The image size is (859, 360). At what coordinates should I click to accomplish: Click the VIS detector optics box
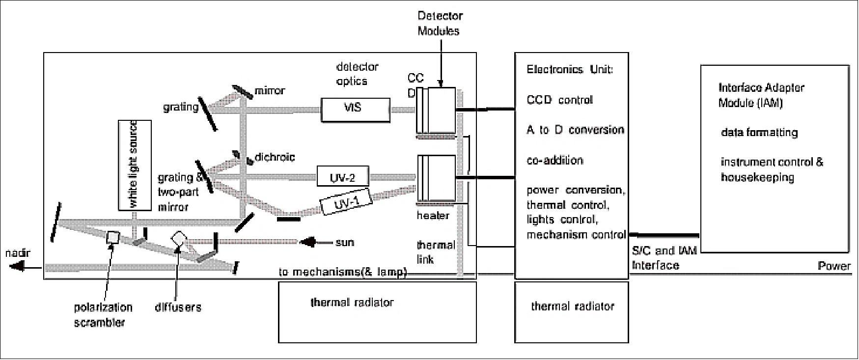point(355,110)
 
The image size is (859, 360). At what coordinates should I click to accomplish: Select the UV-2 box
point(342,177)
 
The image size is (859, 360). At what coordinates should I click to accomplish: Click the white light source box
point(135,165)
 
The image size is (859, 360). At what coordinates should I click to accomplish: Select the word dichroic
point(275,157)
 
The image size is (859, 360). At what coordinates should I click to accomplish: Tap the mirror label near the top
point(269,91)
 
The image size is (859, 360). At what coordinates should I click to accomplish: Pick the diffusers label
point(178,307)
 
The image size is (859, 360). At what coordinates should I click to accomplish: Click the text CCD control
point(559,100)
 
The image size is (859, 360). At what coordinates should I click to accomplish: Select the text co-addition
point(554,160)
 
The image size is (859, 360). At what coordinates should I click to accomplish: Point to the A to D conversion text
point(575,130)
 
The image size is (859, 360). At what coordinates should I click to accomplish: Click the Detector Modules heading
point(440,23)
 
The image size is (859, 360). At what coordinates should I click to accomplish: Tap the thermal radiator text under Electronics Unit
point(572,306)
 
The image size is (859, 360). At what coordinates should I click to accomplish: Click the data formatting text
point(759,133)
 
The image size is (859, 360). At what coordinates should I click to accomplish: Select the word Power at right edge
point(833,266)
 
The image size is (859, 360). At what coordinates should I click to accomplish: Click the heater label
point(433,215)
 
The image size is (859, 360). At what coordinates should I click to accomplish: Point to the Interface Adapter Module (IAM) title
point(761,95)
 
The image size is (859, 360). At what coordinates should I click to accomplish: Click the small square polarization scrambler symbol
point(113,237)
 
